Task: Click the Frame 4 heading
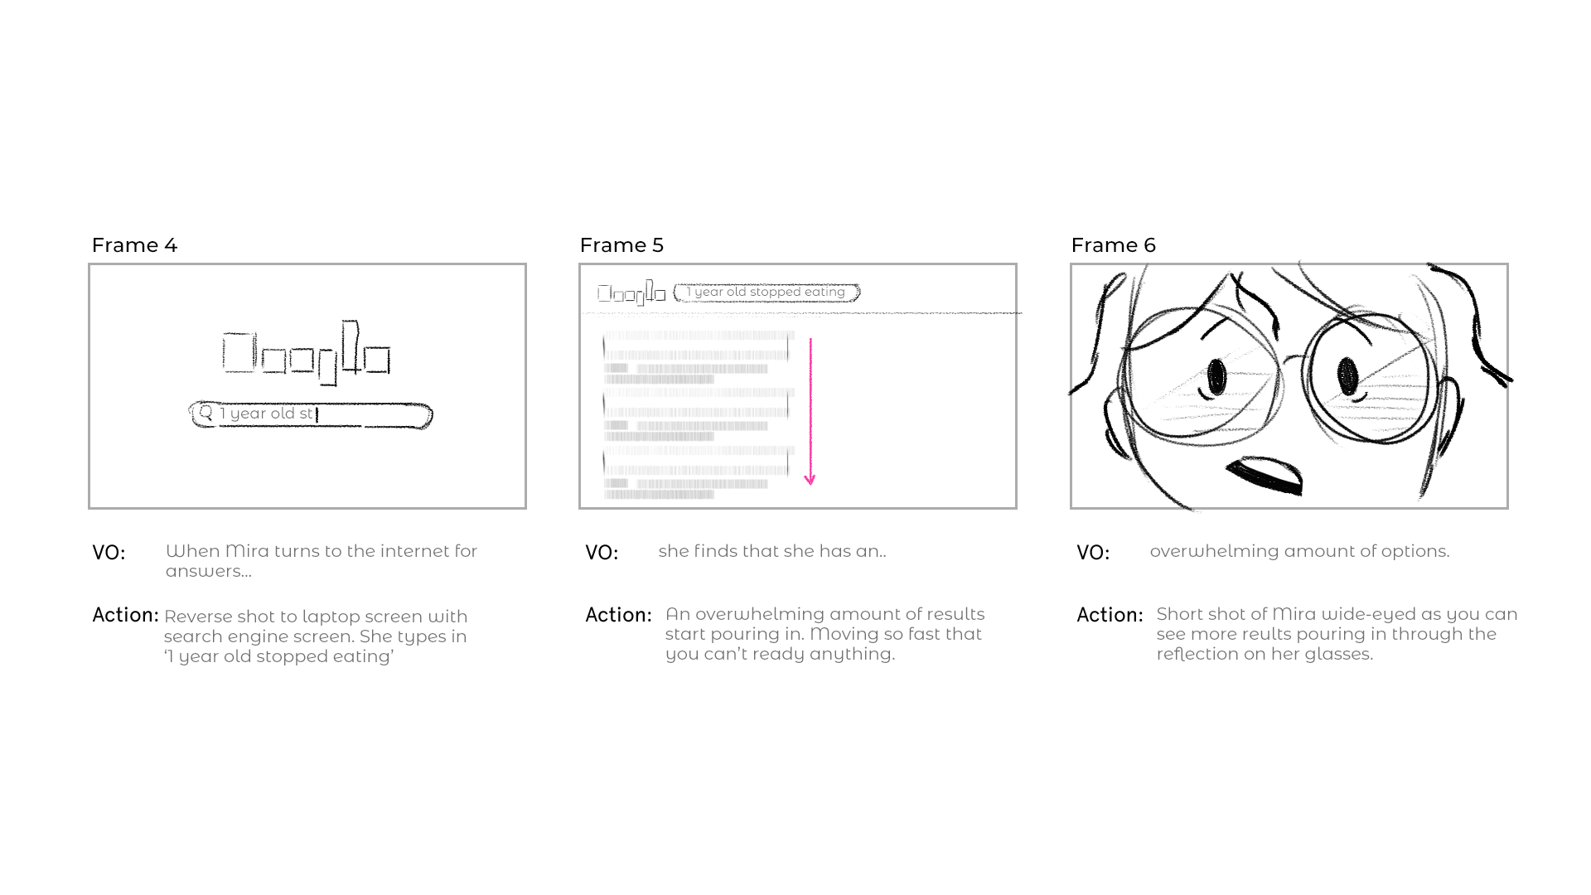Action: click(x=134, y=245)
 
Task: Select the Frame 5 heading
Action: click(x=621, y=245)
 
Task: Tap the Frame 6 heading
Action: click(x=1113, y=245)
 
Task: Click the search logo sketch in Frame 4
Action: click(x=307, y=354)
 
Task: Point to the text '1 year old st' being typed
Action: click(x=266, y=414)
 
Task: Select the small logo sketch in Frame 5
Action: click(x=631, y=293)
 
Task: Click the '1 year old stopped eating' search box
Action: click(x=766, y=293)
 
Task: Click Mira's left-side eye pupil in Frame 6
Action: click(x=1216, y=378)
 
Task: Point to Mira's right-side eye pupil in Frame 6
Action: click(x=1347, y=376)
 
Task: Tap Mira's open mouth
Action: click(x=1265, y=476)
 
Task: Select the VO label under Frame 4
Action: click(x=109, y=553)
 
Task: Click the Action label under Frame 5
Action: click(x=618, y=615)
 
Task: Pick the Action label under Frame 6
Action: click(x=1110, y=615)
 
